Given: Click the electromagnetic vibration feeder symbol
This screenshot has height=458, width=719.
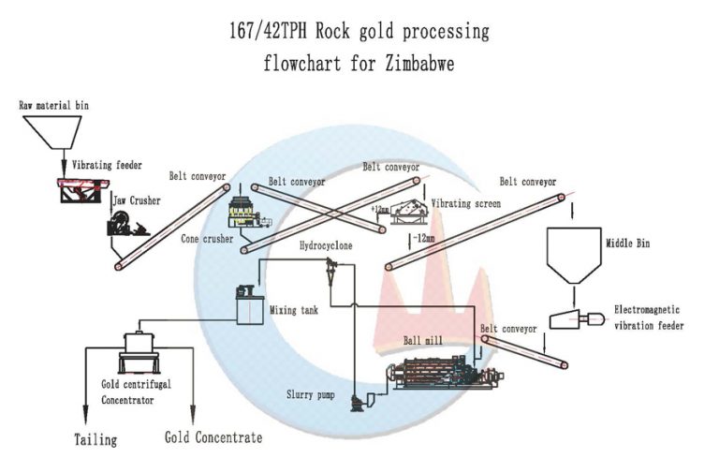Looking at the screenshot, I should click(575, 319).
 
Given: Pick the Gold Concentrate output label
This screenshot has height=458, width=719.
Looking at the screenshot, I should click(213, 437).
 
